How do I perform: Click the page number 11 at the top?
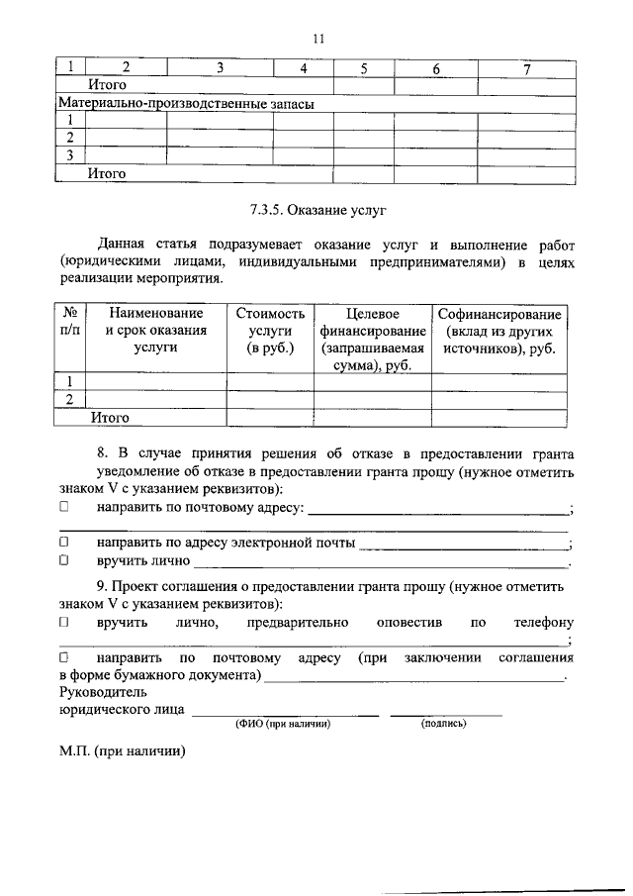click(x=317, y=39)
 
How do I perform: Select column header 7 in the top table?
click(x=527, y=68)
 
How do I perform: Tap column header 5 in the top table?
click(x=364, y=68)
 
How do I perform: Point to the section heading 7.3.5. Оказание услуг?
click(x=316, y=210)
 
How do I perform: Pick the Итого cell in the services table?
click(x=110, y=418)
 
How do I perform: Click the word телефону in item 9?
click(x=543, y=623)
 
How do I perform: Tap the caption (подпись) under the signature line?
click(x=444, y=724)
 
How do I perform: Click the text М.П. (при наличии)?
click(x=122, y=751)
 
